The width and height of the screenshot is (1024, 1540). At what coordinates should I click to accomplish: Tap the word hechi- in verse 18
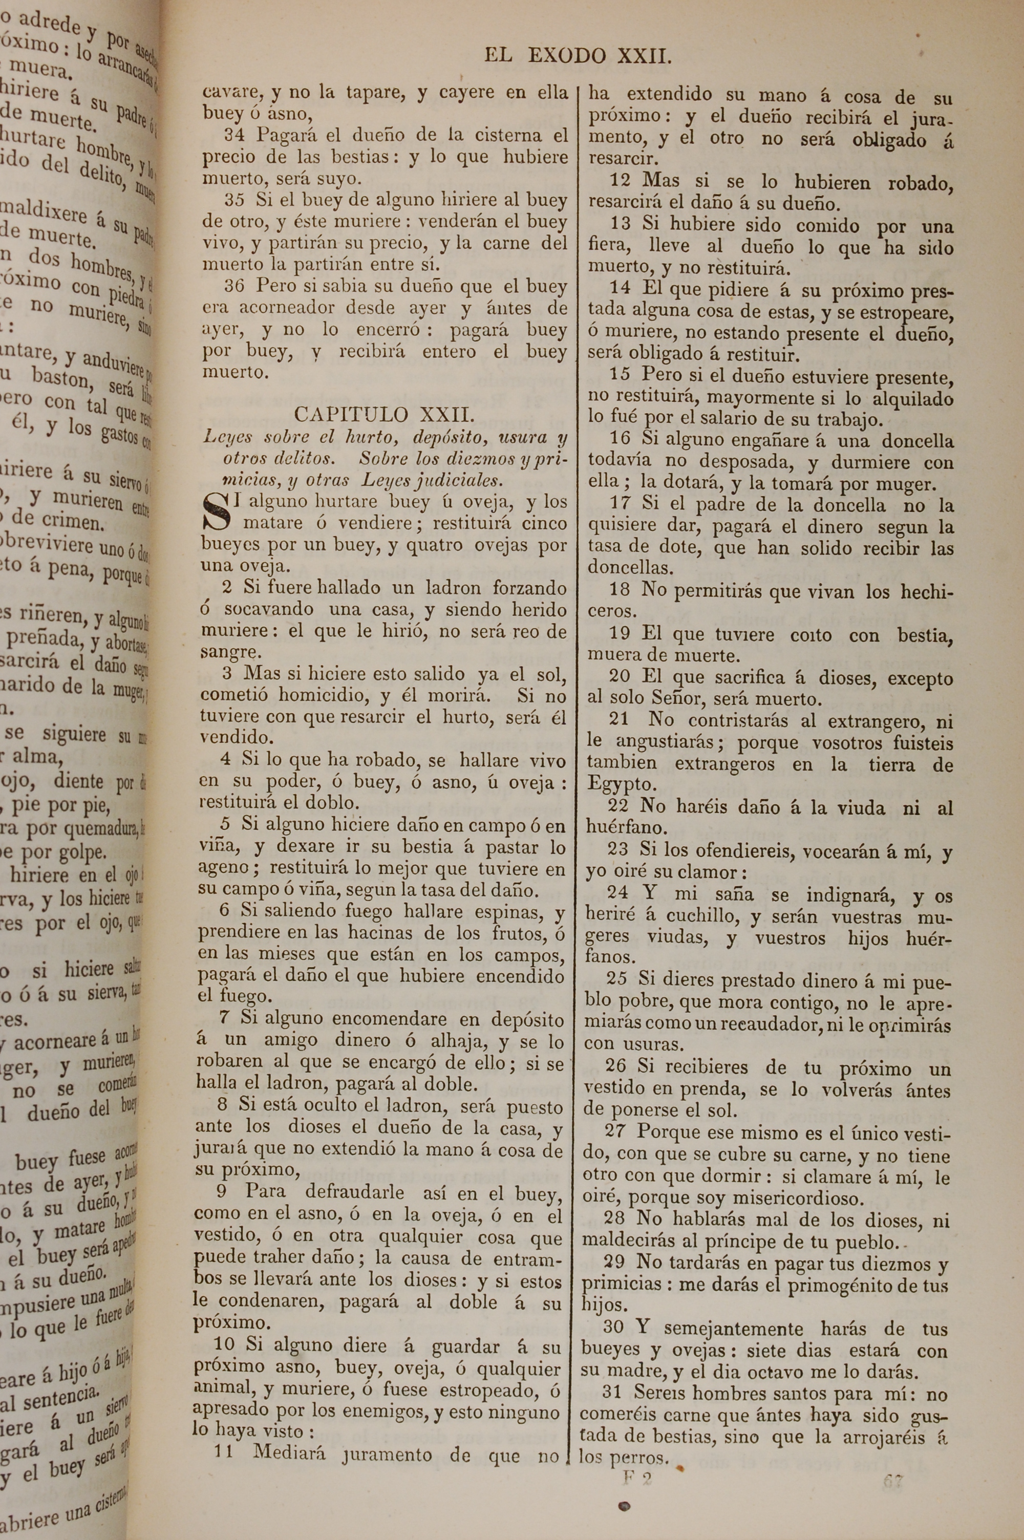pos(927,591)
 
